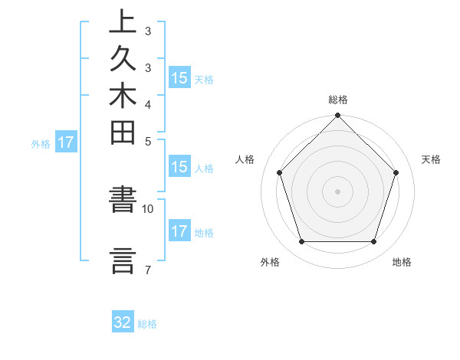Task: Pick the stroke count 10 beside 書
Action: point(148,208)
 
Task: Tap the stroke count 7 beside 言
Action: point(147,269)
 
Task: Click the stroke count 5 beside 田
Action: point(147,140)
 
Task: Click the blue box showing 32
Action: point(123,322)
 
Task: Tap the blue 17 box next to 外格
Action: point(66,142)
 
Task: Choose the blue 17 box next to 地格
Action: point(179,231)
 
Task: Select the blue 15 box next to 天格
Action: point(179,78)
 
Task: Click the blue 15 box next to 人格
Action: point(179,168)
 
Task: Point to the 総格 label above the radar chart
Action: point(338,100)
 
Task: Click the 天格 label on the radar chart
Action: point(431,159)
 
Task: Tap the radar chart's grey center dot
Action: point(337,191)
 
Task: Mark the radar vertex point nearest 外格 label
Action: point(301,241)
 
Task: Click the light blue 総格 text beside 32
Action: point(147,324)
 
